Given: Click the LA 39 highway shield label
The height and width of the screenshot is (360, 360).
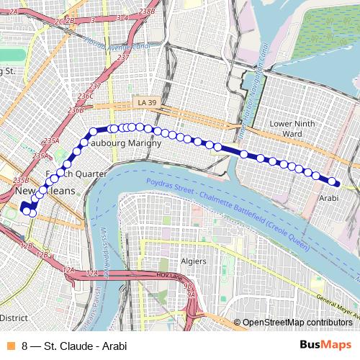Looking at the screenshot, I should [147, 103].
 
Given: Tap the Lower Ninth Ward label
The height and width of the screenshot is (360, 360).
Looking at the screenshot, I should [291, 128].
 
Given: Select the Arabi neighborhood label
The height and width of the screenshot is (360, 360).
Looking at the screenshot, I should [328, 197].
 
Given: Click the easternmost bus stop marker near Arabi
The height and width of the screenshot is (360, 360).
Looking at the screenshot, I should [335, 182].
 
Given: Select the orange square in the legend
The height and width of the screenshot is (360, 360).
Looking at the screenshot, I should [9, 345].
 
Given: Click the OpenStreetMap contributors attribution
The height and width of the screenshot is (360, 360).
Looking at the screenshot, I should [292, 323].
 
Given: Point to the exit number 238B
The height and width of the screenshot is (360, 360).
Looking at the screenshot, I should [147, 12].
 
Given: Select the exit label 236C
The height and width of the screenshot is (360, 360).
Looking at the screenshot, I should [86, 96].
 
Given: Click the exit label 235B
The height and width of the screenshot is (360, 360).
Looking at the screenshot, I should [21, 180].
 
